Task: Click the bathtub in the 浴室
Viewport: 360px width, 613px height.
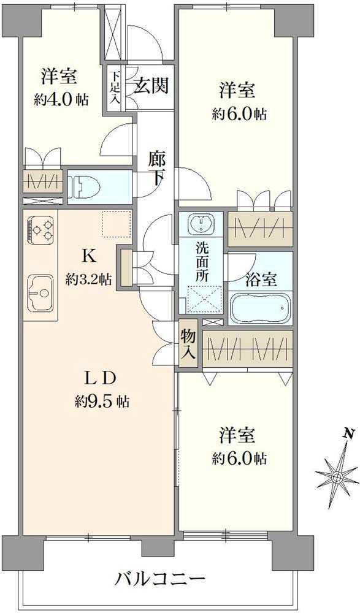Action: tap(260, 306)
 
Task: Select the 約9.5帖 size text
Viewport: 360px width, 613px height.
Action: tap(102, 402)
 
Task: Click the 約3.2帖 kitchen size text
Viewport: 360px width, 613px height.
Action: tap(89, 280)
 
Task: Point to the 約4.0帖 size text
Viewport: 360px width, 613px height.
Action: tap(61, 100)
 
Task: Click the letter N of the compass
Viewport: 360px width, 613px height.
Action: tap(348, 433)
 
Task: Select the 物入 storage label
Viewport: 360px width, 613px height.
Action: tap(188, 345)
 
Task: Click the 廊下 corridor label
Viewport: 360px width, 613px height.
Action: tap(157, 169)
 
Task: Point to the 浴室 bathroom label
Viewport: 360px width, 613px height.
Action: tap(261, 280)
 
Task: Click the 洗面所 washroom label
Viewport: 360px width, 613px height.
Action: tap(202, 262)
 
